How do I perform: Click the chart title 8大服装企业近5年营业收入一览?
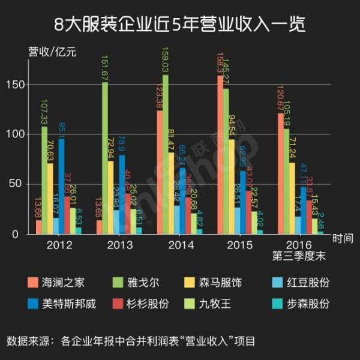[x=179, y=25]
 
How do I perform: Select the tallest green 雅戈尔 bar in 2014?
[x=166, y=156]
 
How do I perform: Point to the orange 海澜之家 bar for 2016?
[x=281, y=174]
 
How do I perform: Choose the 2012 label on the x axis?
[x=59, y=245]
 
